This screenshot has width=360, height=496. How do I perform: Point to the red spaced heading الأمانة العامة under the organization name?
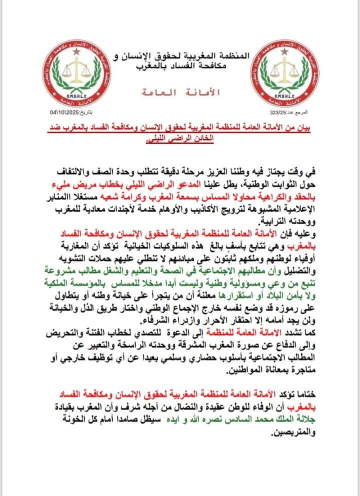coord(180,93)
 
